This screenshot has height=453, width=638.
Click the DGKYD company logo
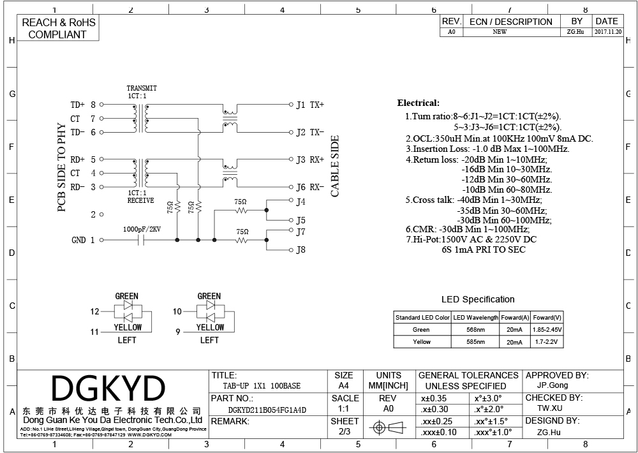pyautogui.click(x=108, y=388)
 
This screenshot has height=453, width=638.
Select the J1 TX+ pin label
pyautogui.click(x=310, y=105)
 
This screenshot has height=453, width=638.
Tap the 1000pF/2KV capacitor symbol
pyautogui.click(x=142, y=240)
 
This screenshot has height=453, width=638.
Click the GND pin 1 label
pyautogui.click(x=83, y=240)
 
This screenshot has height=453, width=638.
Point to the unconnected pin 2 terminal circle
pyautogui.click(x=101, y=214)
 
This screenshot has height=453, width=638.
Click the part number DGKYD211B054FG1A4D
pyautogui.click(x=267, y=410)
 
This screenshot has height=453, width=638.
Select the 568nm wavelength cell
pyautogui.click(x=475, y=330)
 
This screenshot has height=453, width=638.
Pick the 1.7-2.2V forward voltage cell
pyautogui.click(x=547, y=342)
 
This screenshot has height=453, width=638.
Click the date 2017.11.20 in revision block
pyautogui.click(x=608, y=32)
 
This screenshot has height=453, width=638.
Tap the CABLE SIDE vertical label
pyautogui.click(x=335, y=166)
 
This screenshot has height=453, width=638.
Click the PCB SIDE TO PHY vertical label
pyautogui.click(x=61, y=167)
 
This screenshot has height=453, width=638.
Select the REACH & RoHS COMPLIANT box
pyautogui.click(x=58, y=28)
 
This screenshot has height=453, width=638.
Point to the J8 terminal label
pyautogui.click(x=300, y=250)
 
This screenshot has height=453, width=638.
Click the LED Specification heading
pyautogui.click(x=478, y=300)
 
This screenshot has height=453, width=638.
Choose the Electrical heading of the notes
pyautogui.click(x=419, y=103)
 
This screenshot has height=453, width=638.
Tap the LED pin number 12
pyautogui.click(x=95, y=312)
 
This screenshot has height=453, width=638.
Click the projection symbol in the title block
pyautogui.click(x=388, y=427)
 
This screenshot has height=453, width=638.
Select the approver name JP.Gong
pyautogui.click(x=553, y=385)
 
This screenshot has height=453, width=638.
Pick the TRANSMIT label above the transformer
pyautogui.click(x=142, y=88)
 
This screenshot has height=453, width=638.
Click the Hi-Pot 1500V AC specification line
pyautogui.click(x=471, y=239)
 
